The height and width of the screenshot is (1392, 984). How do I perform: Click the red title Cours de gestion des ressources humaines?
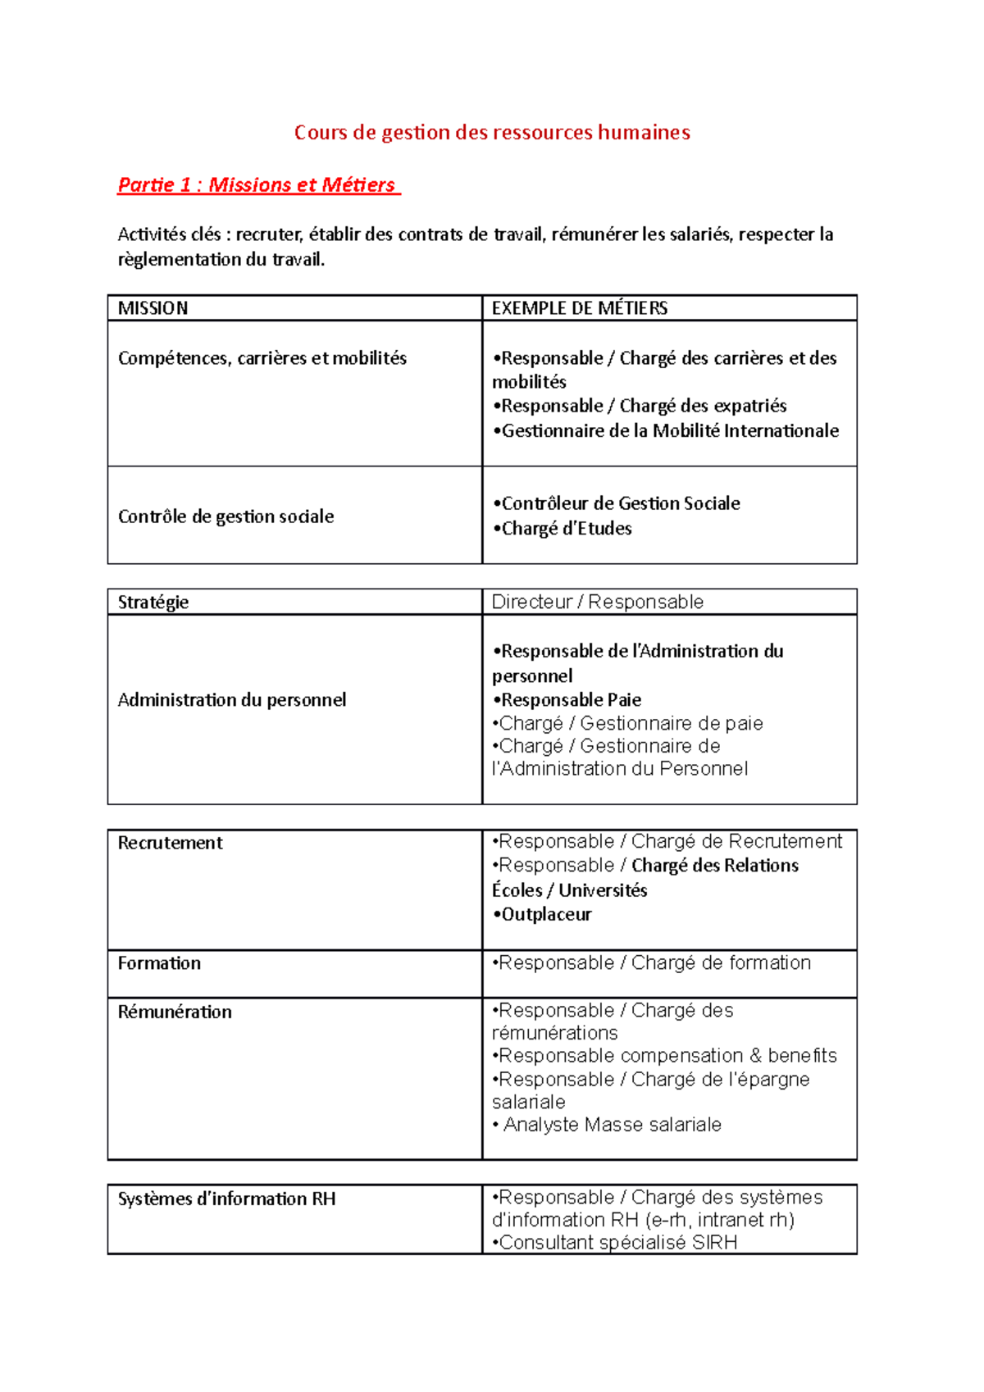492,133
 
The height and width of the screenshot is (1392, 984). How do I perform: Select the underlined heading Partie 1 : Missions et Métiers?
257,185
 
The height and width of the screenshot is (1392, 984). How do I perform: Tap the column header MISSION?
153,308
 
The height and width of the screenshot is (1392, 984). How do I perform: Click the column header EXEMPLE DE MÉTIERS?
580,308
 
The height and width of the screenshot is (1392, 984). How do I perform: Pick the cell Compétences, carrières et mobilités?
262,358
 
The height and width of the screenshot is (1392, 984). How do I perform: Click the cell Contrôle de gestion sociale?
226,516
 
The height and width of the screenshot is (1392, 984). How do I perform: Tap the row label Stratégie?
153,603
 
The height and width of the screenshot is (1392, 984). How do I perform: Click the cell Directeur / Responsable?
598,603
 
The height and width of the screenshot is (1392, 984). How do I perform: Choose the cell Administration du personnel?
232,700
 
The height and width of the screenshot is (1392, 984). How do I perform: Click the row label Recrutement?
171,844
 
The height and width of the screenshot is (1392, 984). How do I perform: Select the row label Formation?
160,963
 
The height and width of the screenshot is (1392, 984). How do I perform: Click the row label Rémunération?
175,1012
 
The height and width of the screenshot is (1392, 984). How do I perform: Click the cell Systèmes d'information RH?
227,1199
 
